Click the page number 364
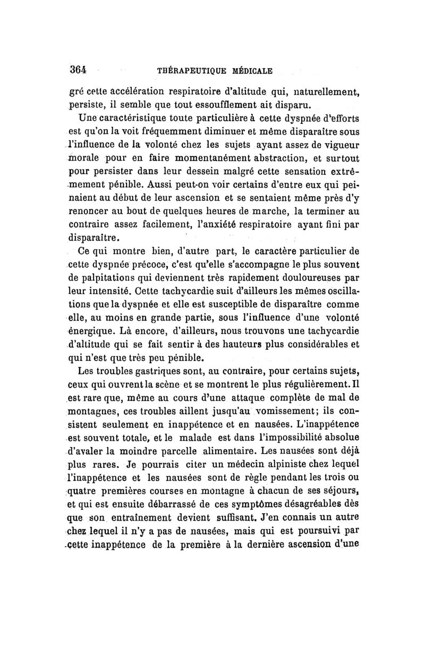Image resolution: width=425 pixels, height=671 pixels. click(78, 69)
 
